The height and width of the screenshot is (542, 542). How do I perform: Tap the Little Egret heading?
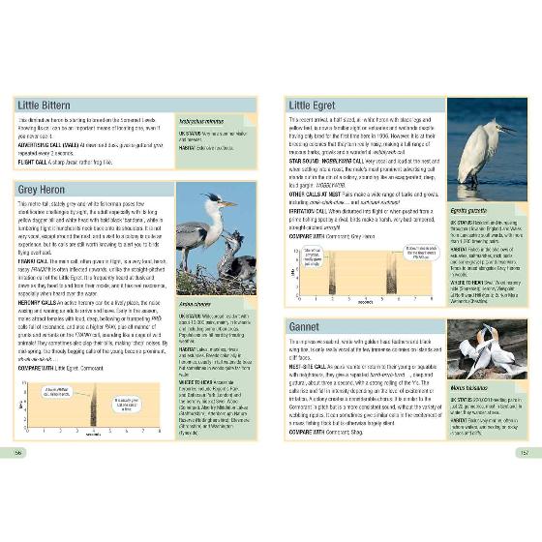coord(312,105)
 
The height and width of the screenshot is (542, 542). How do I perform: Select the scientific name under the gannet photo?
coord(468,389)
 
